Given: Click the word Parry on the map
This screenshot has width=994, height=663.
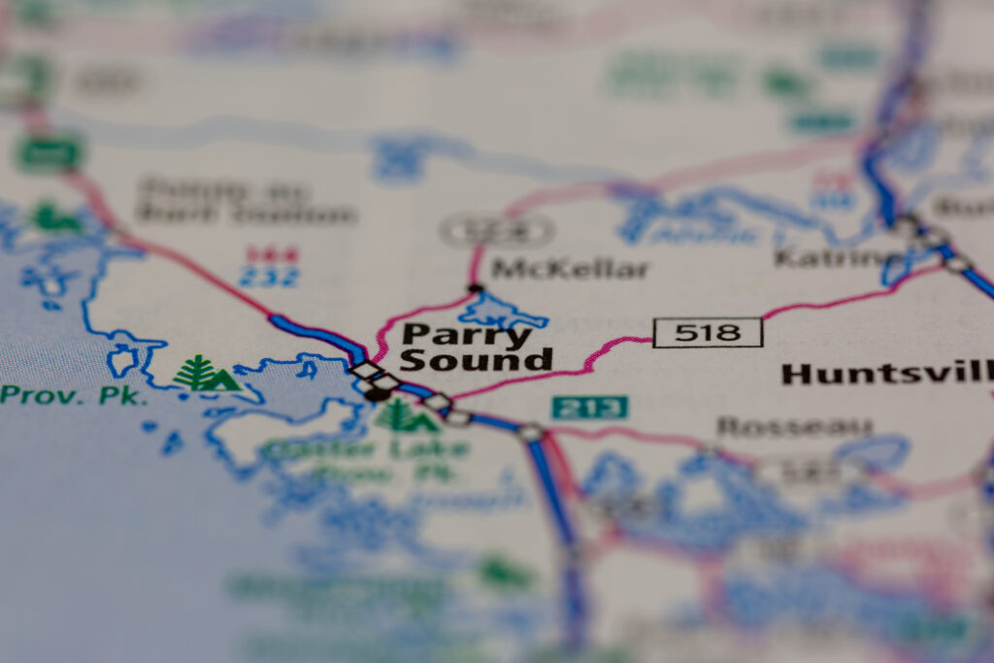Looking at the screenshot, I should point(467,335).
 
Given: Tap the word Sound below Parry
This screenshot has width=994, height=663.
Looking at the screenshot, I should point(475,360).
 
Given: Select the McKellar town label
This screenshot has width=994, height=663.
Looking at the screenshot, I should point(569,269).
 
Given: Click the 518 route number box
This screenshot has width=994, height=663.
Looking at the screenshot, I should point(708,332).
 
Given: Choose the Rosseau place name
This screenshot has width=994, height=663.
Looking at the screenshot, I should point(794,426).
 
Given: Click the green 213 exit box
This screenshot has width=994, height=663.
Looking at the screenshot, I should point(589,407).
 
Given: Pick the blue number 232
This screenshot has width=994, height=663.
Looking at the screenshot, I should point(271,277).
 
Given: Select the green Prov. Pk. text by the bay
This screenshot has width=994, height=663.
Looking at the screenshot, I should point(74,395).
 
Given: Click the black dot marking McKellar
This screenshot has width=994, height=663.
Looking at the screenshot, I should point(475,288).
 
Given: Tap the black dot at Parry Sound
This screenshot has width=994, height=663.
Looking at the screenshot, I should point(377,394).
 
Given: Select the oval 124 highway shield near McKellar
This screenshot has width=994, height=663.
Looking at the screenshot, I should point(496,231).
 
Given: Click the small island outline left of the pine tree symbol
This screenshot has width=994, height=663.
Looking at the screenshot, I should point(123,359).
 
